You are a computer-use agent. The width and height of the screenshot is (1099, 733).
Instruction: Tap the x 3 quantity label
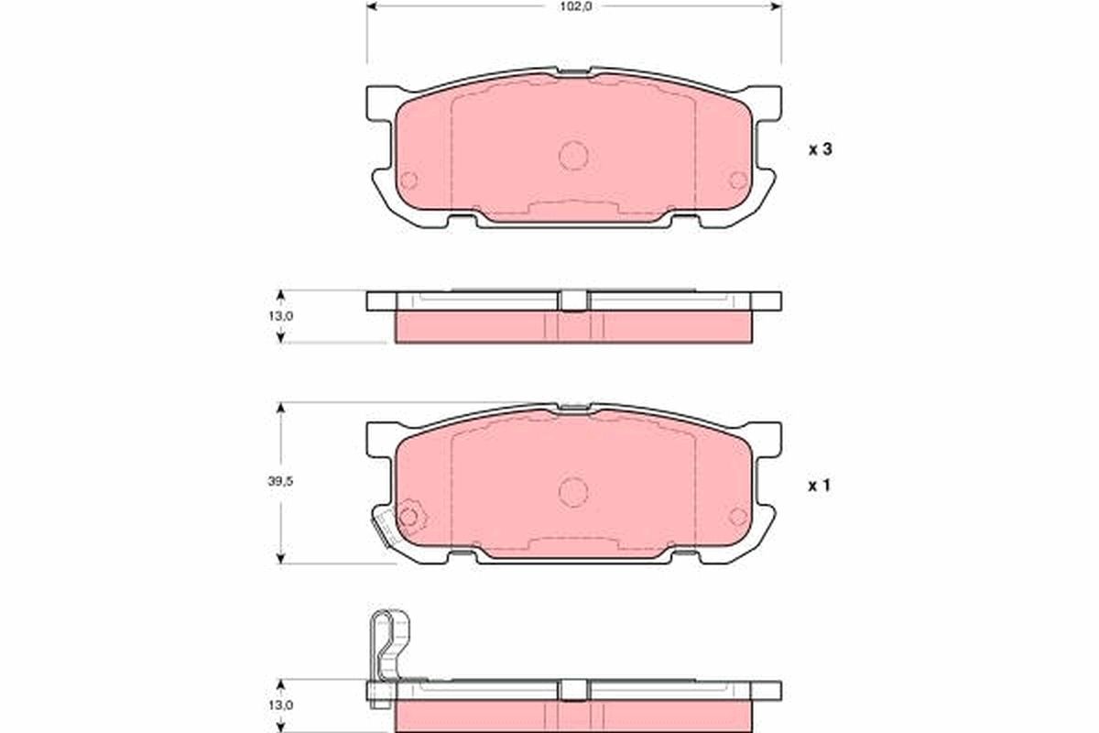point(819,150)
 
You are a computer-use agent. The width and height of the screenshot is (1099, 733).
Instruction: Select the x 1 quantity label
point(819,487)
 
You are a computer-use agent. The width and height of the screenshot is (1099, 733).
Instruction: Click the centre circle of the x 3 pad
point(573,156)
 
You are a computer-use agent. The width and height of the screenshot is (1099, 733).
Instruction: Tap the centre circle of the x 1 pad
point(573,492)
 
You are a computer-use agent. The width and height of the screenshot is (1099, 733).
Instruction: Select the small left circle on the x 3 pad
point(408,181)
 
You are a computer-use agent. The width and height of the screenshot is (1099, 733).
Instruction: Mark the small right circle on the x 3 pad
point(738,181)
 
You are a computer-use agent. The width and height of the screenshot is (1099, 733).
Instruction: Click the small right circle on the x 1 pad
point(738,517)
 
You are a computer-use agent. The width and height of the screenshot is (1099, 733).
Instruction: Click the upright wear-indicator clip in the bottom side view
point(387,646)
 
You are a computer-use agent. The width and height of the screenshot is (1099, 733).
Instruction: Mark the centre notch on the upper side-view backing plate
point(573,301)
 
